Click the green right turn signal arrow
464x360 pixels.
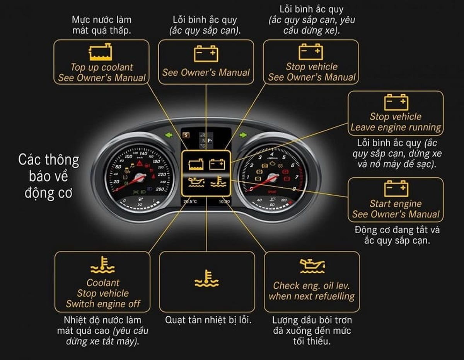click(x=243, y=135)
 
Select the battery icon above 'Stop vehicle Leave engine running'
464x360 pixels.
click(x=396, y=102)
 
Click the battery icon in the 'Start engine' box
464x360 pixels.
click(x=396, y=189)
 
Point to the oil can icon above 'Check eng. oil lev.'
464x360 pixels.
click(x=312, y=266)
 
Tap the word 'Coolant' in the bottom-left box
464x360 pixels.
click(x=103, y=283)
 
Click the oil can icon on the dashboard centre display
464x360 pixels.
click(x=196, y=182)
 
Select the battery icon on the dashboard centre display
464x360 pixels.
click(x=217, y=165)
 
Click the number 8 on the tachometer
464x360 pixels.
click(x=295, y=189)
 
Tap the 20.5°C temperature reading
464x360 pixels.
click(x=190, y=201)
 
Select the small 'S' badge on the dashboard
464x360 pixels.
click(x=186, y=135)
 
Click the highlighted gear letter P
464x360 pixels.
click(x=210, y=141)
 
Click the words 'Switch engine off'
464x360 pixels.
click(x=103, y=304)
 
